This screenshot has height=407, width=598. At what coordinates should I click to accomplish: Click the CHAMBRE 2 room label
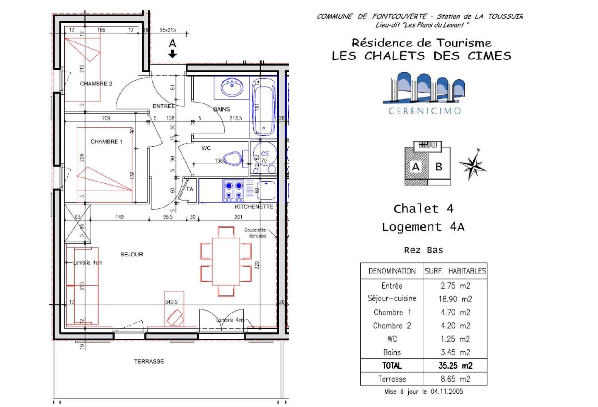tap(96, 84)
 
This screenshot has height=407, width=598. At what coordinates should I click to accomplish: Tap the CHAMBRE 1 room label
tap(106, 142)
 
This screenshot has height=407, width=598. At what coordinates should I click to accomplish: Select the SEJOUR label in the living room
tap(132, 254)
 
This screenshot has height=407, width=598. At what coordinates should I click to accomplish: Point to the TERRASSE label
tap(149, 362)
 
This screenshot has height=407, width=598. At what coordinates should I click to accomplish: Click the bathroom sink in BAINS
tap(232, 87)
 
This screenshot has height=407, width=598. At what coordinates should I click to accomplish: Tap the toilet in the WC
tap(233, 158)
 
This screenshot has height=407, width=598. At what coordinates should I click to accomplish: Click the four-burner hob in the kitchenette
tap(234, 190)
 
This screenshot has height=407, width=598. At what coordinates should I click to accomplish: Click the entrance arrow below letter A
tap(172, 54)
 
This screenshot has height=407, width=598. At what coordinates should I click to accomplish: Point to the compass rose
tap(473, 165)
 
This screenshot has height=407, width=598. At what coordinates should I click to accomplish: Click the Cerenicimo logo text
tap(425, 111)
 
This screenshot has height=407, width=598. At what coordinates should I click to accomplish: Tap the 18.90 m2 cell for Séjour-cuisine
tap(455, 299)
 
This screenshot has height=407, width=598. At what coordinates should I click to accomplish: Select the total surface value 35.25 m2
tap(455, 366)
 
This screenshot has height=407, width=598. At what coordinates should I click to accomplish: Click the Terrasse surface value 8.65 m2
tap(455, 379)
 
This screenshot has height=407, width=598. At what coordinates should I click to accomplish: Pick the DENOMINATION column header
tap(392, 271)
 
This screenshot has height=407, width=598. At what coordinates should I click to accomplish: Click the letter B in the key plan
tap(439, 167)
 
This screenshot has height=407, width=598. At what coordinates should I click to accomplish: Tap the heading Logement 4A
tap(423, 227)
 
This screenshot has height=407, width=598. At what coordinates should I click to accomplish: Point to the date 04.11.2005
tap(447, 391)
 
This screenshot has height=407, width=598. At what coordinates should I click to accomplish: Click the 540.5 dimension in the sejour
tap(171, 302)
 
